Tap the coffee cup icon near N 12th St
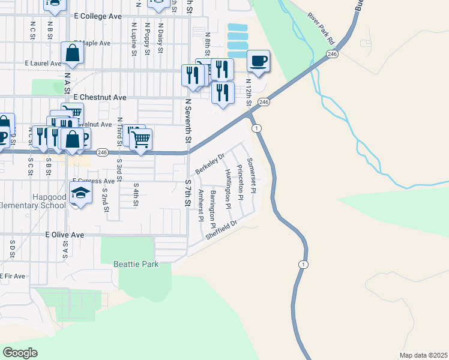(258, 61)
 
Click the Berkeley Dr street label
(209, 163)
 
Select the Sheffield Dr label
(221, 229)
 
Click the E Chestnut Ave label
(100, 97)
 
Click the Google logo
(20, 352)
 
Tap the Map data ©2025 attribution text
(423, 355)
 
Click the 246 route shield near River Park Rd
(331, 54)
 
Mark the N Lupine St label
(133, 38)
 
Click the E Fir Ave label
(13, 276)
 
